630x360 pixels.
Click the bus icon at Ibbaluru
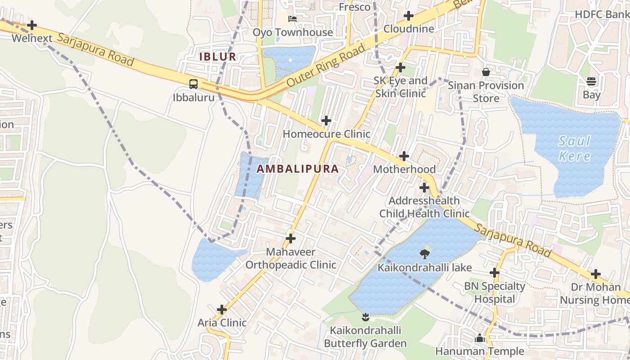point(193,84)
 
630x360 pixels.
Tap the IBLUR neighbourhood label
point(218,57)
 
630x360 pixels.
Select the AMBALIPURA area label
point(297,169)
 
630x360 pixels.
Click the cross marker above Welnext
point(32,25)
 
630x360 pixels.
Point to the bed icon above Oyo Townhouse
point(292,19)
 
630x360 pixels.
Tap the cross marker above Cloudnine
point(409,16)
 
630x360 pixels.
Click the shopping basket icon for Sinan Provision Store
point(486,72)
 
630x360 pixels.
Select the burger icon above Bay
point(591,81)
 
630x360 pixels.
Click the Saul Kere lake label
point(574,148)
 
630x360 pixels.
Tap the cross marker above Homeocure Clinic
point(326,121)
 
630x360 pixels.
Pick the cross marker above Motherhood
point(405,156)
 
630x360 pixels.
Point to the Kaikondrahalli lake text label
point(424,268)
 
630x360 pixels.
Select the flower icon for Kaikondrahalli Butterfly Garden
point(365,317)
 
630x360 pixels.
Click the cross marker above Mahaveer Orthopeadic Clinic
point(291,238)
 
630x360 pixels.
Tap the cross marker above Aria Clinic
point(222,310)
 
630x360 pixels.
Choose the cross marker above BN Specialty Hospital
point(495,273)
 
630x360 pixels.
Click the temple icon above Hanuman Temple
point(480,338)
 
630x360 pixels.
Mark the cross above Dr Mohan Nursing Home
point(596,274)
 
